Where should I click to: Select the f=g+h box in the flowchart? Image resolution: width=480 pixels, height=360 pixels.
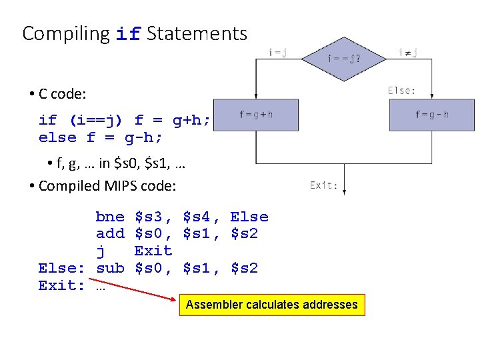[x=256, y=115]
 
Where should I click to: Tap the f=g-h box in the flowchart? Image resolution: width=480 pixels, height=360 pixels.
[x=432, y=115]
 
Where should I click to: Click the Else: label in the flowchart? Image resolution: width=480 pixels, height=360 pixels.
[x=402, y=90]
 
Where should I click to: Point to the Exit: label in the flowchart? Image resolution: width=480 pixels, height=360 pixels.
[x=324, y=185]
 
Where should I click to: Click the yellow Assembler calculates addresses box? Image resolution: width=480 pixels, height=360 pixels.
[x=272, y=305]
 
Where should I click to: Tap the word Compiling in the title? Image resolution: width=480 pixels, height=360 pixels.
[x=66, y=33]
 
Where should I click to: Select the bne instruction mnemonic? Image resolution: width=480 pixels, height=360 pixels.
[x=110, y=217]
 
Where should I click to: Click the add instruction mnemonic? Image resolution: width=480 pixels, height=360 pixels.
[x=110, y=234]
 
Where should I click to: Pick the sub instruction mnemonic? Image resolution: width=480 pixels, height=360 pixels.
[x=110, y=269]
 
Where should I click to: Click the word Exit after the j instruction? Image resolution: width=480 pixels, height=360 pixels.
[x=153, y=251]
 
